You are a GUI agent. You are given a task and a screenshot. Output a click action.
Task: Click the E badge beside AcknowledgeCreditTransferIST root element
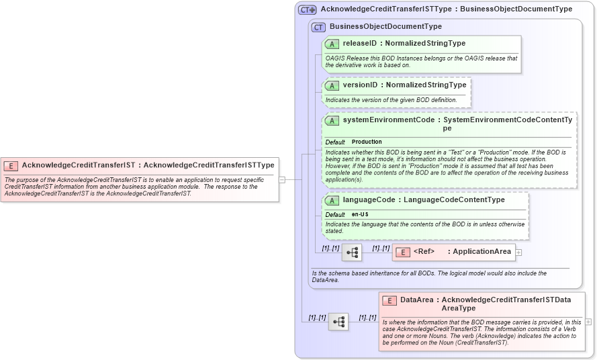11,165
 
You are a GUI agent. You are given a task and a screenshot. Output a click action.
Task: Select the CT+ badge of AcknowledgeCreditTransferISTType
307,9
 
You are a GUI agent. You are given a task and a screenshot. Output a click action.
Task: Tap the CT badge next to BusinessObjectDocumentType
318,27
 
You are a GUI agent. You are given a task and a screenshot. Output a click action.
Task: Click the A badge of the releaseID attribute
332,44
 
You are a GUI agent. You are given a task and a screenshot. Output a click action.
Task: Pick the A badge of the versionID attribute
332,85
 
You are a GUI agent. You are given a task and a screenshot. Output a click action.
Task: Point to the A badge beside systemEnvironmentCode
332,121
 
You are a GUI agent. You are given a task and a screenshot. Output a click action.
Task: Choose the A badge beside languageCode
332,200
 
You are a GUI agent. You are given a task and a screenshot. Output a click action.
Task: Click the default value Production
367,142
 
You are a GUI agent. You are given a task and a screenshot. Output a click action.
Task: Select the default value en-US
360,214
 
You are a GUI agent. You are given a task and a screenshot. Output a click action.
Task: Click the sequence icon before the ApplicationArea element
351,253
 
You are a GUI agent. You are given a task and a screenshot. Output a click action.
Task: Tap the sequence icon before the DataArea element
338,322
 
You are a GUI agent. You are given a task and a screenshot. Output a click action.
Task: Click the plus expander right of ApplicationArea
518,253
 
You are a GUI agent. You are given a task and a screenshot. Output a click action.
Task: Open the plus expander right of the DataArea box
588,322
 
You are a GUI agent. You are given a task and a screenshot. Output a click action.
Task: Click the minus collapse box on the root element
282,179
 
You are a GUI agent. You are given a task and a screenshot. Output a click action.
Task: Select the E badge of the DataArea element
389,301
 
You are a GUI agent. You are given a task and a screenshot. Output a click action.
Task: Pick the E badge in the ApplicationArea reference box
402,253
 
